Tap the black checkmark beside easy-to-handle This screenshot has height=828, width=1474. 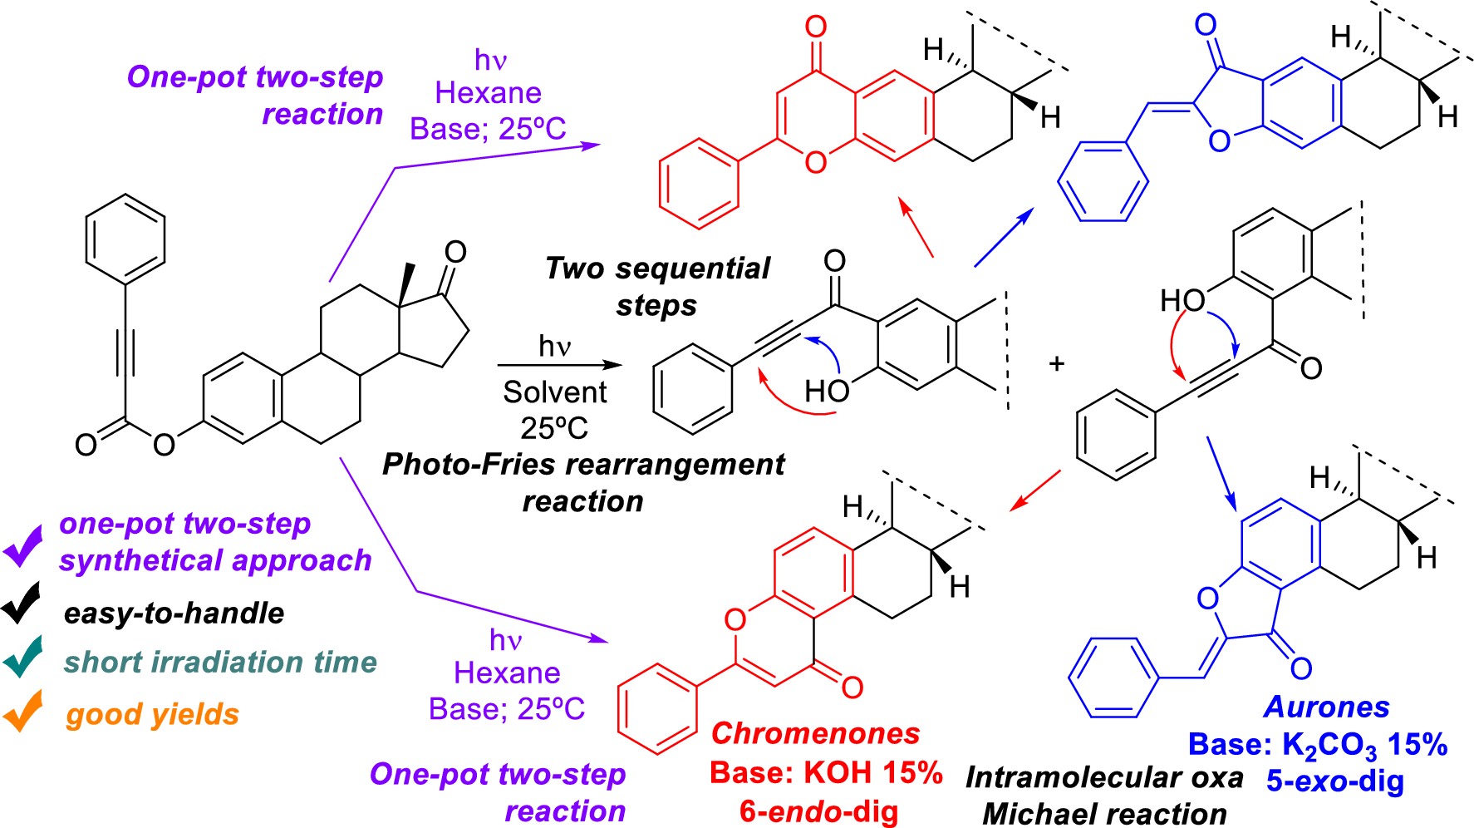click(22, 602)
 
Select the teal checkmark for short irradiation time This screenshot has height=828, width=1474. click(23, 656)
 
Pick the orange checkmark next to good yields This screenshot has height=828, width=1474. click(23, 710)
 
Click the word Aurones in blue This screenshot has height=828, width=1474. click(1326, 707)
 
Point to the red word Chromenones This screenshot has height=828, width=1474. click(815, 733)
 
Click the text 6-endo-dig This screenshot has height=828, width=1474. click(818, 811)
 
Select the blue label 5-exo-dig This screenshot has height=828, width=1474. click(1335, 781)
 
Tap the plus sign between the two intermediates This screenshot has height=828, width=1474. click(1056, 363)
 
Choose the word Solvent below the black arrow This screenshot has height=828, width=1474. click(554, 392)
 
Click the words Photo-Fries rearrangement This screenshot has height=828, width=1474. click(582, 464)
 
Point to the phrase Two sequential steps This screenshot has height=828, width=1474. click(657, 286)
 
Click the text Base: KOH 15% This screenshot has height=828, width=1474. click(826, 772)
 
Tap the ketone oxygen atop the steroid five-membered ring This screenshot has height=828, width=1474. click(455, 251)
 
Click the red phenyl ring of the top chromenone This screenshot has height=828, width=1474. click(699, 183)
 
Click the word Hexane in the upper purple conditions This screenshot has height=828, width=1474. click(488, 93)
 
